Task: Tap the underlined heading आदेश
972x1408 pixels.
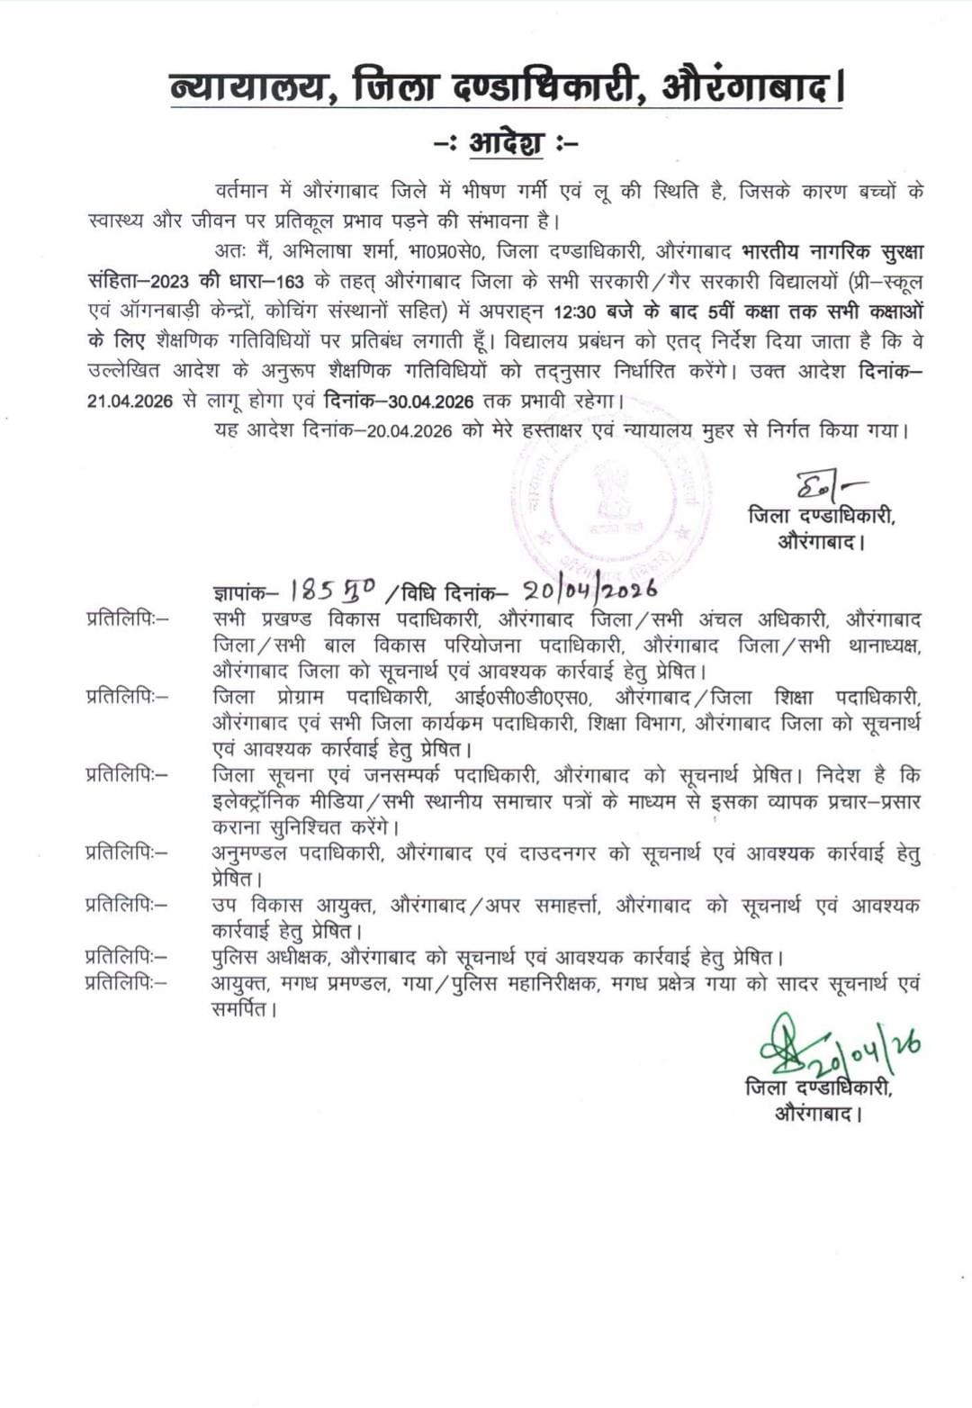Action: [507, 142]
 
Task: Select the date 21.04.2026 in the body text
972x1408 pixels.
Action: [130, 401]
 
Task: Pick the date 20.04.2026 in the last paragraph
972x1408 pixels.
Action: [409, 430]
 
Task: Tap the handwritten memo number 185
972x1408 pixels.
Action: [312, 591]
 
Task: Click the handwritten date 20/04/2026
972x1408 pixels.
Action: [589, 591]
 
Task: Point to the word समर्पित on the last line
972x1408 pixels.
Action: [239, 1009]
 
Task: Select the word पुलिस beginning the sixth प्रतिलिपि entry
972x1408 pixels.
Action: [235, 957]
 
